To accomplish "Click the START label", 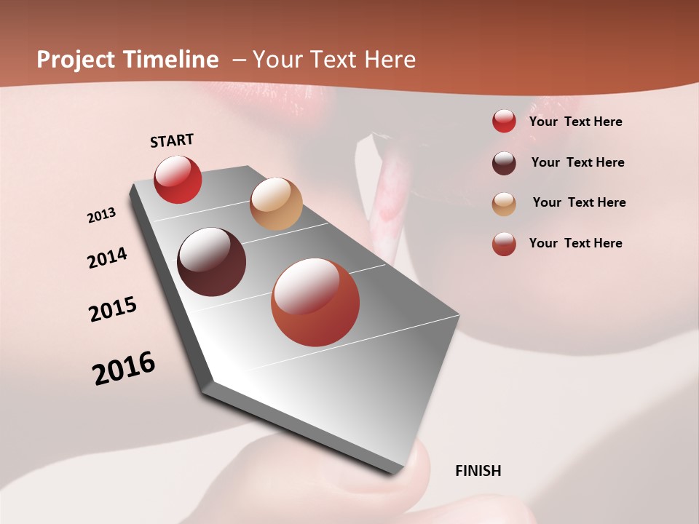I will pos(172,140).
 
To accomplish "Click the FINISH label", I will pos(478,471).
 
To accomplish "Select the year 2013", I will pos(101,215).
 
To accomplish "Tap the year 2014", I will pos(107,258).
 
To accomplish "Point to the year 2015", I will pos(113,309).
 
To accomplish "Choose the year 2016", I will pos(124,368).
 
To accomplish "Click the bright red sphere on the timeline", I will pos(178,179).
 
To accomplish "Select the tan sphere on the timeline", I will pos(276,204).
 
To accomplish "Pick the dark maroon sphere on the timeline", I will pos(212,262).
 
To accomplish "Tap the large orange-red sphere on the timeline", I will pos(315,302).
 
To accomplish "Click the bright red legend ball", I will pos(504,122).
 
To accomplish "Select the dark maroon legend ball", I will pos(504,163).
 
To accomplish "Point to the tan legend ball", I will pos(504,204).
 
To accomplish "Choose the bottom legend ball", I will pos(504,244).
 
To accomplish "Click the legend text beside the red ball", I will pos(575,122).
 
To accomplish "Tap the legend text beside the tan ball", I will pos(579,202).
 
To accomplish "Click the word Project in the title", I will pos(76,60).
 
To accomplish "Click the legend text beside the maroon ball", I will pos(577,162).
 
